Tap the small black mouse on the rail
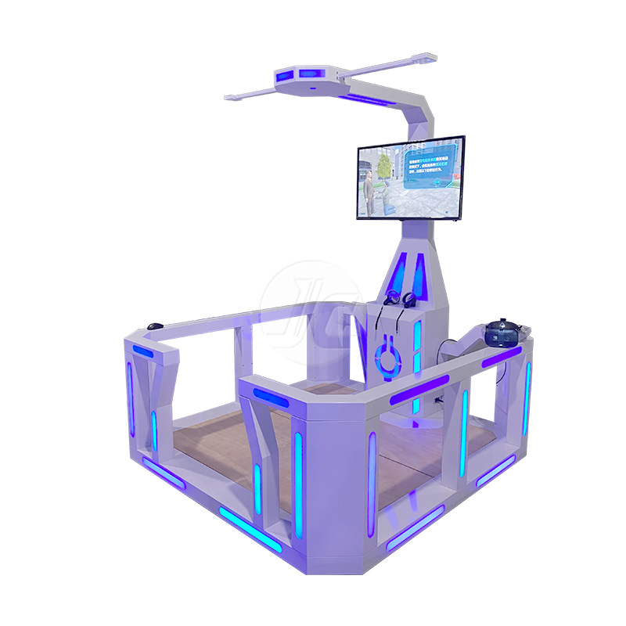coord(155,326)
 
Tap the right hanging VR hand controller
coord(408,300)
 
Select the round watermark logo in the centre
coord(313,313)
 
